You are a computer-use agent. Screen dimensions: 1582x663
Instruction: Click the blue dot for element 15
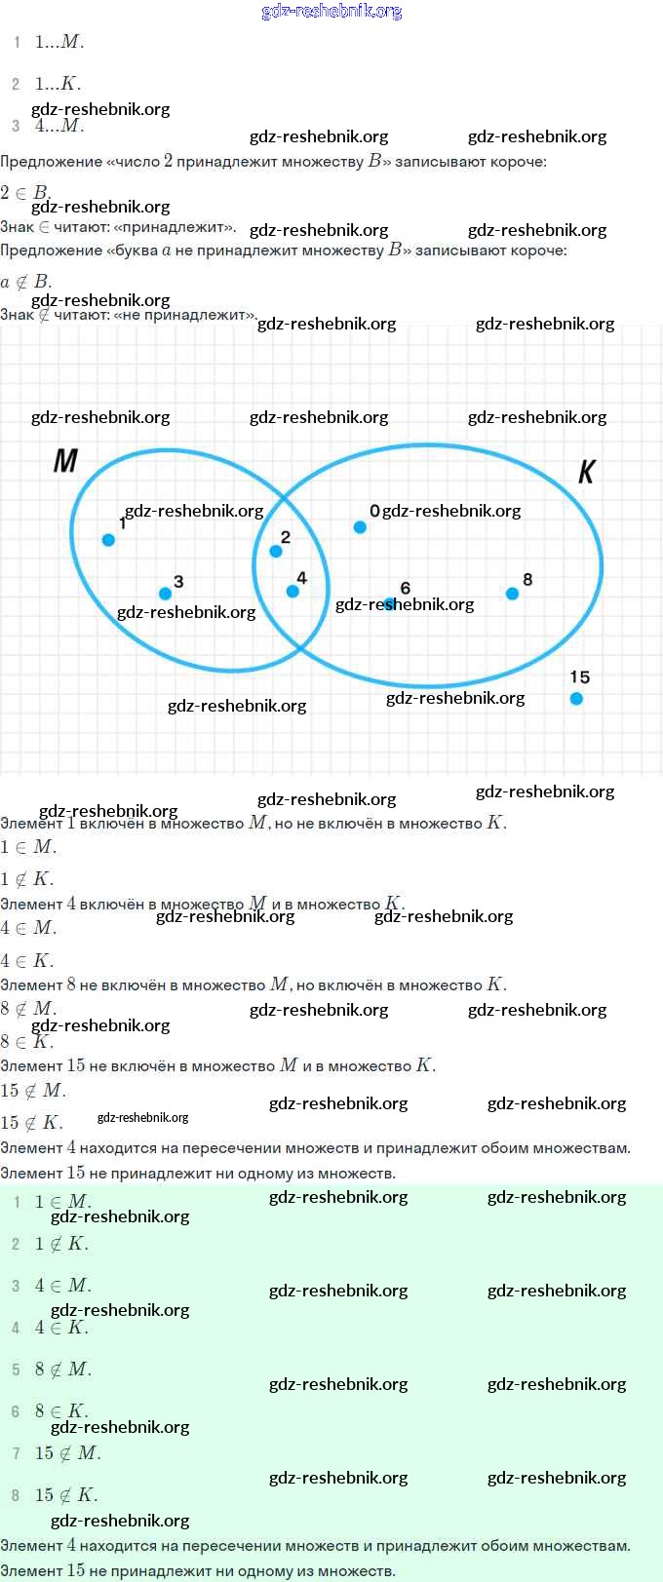(x=576, y=698)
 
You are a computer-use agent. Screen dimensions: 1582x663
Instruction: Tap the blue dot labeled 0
(x=360, y=527)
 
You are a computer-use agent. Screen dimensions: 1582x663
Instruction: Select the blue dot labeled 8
(x=512, y=593)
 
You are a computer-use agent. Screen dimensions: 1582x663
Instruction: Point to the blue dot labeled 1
(x=108, y=539)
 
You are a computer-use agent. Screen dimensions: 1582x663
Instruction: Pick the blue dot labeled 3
(x=165, y=593)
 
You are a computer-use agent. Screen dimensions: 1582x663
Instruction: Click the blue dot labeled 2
(x=276, y=551)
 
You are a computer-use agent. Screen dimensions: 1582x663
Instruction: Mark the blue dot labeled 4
(x=292, y=591)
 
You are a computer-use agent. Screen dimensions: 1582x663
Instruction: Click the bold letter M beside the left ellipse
(x=65, y=460)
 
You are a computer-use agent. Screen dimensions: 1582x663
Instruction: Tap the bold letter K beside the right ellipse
(x=586, y=472)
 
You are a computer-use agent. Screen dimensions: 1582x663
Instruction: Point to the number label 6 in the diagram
(x=406, y=588)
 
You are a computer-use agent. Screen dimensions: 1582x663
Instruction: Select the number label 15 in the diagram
(x=579, y=676)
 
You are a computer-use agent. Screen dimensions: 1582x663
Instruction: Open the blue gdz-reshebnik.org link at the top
(x=331, y=11)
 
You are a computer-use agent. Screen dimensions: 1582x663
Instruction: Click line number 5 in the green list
(x=16, y=1370)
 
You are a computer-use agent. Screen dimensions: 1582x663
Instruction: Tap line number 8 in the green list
(x=16, y=1495)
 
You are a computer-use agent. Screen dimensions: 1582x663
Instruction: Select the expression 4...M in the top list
(x=59, y=126)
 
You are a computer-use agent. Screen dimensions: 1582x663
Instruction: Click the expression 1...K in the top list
(x=58, y=84)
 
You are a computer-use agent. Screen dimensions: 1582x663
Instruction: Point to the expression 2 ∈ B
(x=25, y=192)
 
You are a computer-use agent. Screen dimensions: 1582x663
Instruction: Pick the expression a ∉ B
(x=26, y=282)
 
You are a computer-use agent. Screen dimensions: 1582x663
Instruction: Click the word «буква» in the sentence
(x=132, y=251)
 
